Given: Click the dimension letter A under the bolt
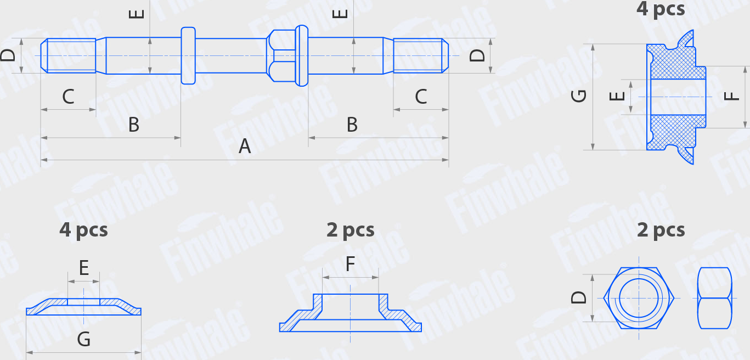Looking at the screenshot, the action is [245, 147].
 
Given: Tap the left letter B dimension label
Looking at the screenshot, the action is [133, 125].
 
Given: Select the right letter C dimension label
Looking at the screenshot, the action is [421, 97].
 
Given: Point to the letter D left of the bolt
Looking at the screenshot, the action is [8, 55].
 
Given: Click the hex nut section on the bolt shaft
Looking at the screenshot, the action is [280, 55].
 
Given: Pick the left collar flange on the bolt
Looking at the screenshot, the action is [188, 55].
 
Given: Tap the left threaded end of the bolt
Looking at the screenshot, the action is [68, 55].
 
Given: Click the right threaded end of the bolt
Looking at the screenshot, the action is [421, 55].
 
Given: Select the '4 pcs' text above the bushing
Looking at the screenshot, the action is [661, 9].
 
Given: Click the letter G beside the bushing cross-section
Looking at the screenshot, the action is [579, 96].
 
